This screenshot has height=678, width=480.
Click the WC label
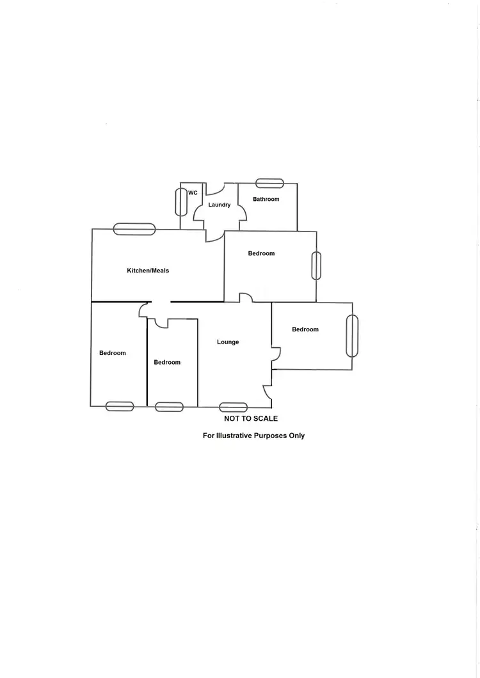click(x=193, y=193)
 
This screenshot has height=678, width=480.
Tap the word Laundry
click(x=220, y=205)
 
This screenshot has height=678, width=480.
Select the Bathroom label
click(x=266, y=199)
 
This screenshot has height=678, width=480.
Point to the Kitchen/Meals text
click(x=148, y=271)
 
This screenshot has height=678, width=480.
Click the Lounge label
click(x=228, y=342)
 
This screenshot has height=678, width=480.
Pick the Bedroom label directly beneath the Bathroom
click(x=261, y=253)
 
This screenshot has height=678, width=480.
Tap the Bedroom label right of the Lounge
click(x=305, y=329)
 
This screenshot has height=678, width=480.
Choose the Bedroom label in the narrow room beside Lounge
click(x=167, y=362)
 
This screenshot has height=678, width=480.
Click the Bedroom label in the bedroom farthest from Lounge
click(x=113, y=353)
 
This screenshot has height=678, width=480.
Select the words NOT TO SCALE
click(x=251, y=418)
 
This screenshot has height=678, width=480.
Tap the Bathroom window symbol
click(x=269, y=184)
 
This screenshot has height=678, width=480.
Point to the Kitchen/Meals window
click(x=134, y=229)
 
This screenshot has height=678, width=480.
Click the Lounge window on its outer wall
click(x=233, y=407)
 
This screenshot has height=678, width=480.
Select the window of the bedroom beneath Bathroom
click(x=316, y=265)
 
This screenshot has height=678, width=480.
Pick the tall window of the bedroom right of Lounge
click(x=352, y=336)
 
